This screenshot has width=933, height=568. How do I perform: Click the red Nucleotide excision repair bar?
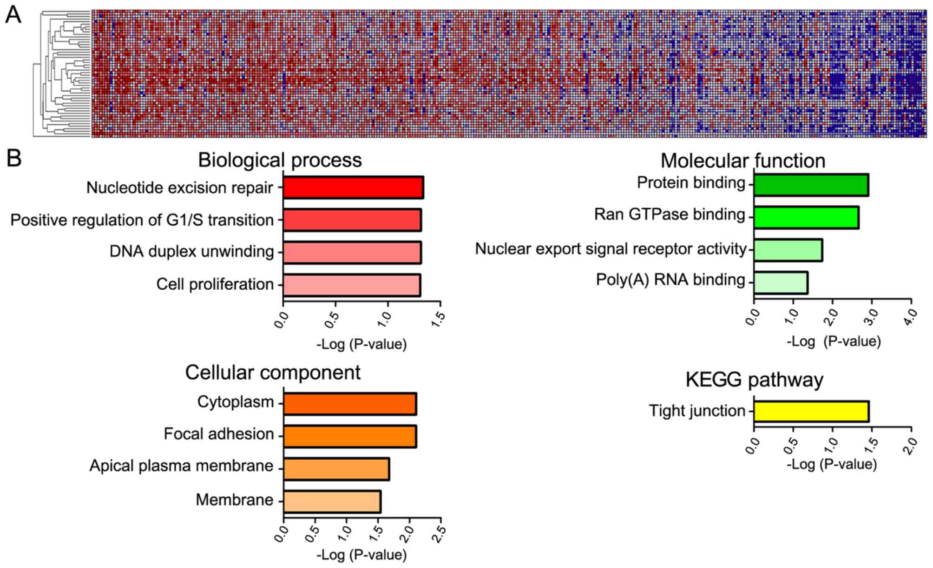tap(353, 187)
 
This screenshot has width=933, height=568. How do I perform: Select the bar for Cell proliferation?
tap(351, 285)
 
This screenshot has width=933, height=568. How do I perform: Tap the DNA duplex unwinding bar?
tap(352, 253)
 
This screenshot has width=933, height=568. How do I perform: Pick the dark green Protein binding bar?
tap(811, 185)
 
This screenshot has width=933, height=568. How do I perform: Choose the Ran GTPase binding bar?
tap(806, 217)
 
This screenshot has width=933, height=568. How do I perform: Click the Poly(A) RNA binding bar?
tap(781, 282)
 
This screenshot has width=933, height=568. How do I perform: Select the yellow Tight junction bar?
tap(811, 412)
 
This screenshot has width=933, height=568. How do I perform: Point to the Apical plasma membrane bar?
tap(336, 468)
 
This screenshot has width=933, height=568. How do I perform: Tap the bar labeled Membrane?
tap(332, 501)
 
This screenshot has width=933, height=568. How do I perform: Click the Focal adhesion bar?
tap(349, 436)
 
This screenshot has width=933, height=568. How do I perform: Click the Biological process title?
tap(280, 160)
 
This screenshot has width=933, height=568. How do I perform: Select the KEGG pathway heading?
tap(754, 380)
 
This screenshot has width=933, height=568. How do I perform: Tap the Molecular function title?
tap(742, 161)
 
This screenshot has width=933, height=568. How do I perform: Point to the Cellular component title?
tap(273, 373)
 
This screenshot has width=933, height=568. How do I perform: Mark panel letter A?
tap(13, 15)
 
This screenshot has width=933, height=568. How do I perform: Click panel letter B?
tap(14, 158)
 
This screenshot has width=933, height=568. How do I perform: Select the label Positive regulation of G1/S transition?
tap(142, 220)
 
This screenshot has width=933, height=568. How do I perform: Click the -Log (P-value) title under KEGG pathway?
tap(831, 464)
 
